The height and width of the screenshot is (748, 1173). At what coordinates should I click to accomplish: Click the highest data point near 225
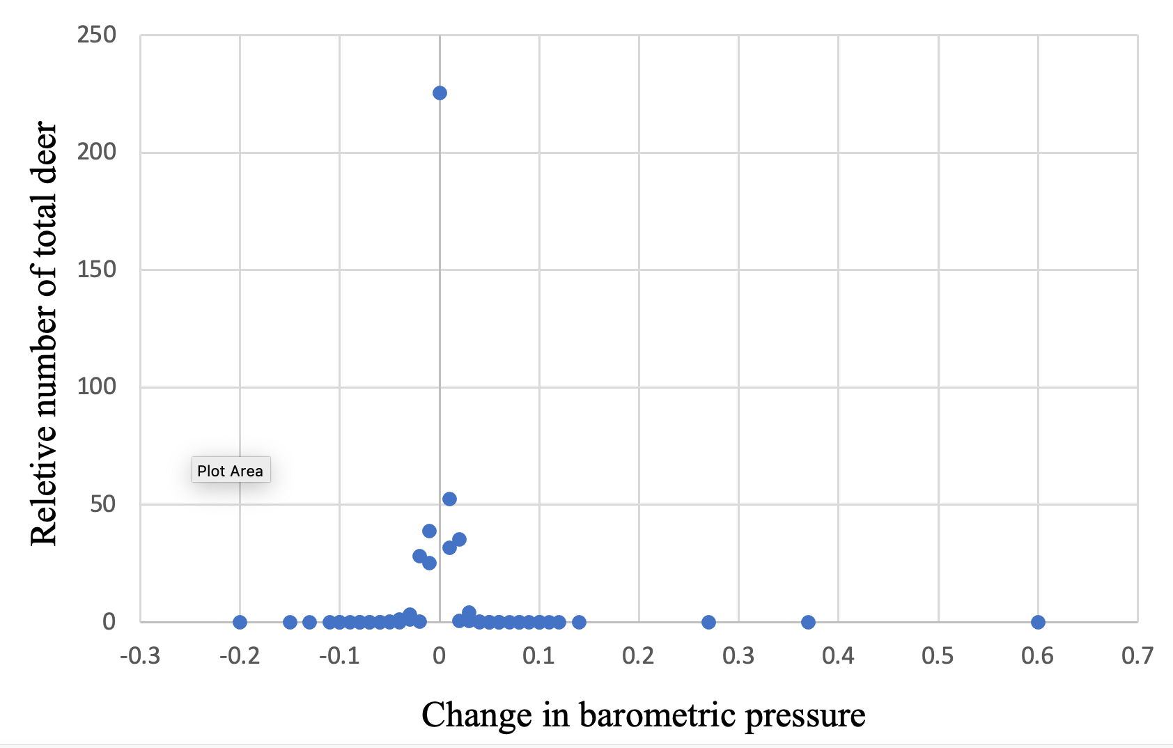[x=440, y=93]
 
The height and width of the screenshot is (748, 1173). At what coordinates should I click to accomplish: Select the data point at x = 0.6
[x=1038, y=622]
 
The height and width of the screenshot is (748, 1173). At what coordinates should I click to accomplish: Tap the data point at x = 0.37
[x=808, y=622]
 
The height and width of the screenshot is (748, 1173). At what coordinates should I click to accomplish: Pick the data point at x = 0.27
[x=708, y=622]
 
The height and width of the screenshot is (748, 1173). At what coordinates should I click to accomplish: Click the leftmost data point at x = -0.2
[x=240, y=622]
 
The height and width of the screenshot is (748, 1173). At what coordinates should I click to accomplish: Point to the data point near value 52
[x=449, y=499]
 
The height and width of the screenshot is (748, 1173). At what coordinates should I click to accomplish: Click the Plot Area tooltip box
[x=231, y=470]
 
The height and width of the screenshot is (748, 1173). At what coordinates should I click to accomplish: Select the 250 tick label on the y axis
[x=97, y=34]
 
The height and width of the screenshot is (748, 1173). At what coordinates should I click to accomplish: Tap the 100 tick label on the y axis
[x=97, y=387]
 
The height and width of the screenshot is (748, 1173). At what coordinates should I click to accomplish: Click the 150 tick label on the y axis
[x=97, y=270]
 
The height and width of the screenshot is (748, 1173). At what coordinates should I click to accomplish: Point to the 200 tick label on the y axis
[x=97, y=152]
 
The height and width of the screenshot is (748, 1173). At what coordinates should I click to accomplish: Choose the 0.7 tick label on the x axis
[x=1137, y=656]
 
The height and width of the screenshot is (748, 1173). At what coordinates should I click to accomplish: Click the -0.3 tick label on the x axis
[x=140, y=656]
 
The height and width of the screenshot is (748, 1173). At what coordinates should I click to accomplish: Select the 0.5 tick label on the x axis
[x=938, y=656]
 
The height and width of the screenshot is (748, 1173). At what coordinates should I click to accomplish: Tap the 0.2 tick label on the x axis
[x=639, y=656]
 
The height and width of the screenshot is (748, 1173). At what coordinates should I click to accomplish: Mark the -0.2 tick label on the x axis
[x=240, y=656]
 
